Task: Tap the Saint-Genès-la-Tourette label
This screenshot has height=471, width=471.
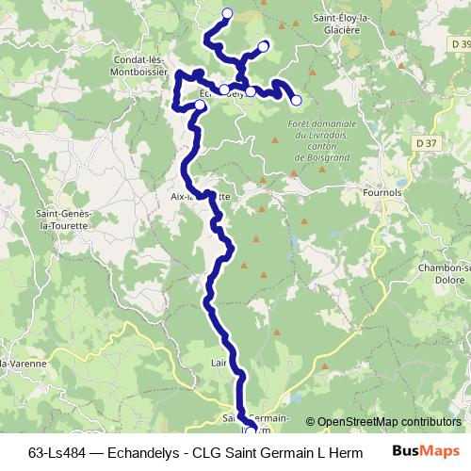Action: click(63, 219)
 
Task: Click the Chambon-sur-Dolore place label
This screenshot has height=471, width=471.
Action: click(444, 273)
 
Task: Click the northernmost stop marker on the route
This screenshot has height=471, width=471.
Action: click(227, 12)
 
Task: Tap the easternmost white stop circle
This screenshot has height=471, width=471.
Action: click(296, 100)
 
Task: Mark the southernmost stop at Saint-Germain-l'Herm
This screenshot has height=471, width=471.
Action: click(249, 430)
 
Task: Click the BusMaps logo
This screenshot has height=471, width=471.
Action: click(426, 451)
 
